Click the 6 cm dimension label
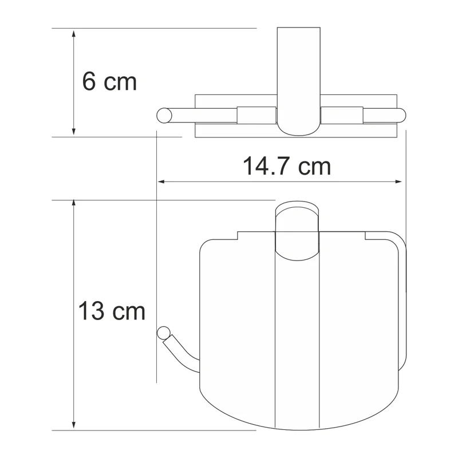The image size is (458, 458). point(109,82)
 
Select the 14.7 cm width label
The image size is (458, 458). point(286,167)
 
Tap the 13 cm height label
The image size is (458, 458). point(112,311)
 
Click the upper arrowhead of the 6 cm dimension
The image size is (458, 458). point(73,34)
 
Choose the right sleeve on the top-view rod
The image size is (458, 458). point(342,114)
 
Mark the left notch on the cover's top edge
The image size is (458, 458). point(238,235)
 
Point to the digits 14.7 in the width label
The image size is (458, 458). point(264,167)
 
